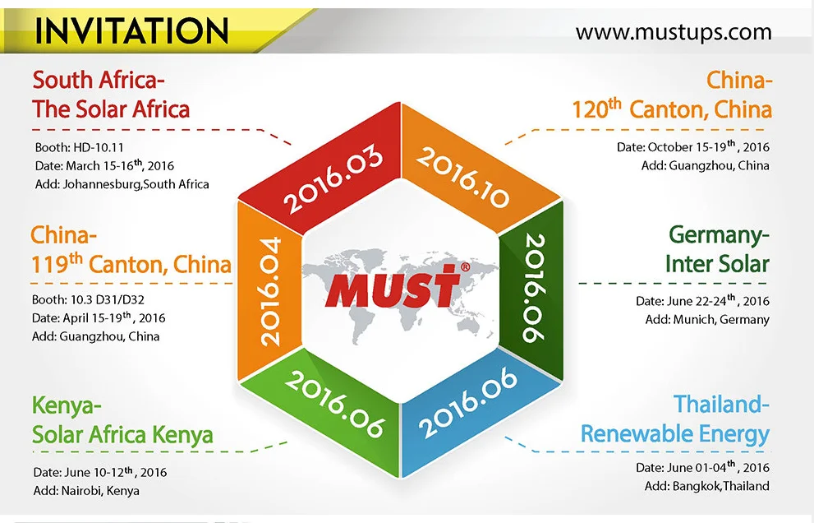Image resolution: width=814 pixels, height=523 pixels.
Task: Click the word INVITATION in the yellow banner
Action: pos(131,30)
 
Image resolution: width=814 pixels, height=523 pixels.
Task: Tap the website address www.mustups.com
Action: pos(674,32)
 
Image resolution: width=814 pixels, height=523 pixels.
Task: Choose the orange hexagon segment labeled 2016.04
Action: pos(270,291)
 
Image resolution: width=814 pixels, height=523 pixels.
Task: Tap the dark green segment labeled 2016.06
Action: pos(532,291)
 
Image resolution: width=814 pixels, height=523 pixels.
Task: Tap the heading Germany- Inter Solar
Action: pos(717,249)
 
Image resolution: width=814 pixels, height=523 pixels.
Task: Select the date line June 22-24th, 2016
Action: pos(702,300)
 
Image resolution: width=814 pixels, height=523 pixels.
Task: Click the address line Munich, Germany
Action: pos(707,319)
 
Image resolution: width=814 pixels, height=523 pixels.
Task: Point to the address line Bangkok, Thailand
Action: pos(707,486)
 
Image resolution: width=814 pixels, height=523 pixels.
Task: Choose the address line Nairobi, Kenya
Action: pos(86,491)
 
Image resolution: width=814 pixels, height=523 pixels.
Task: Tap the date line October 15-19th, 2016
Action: pos(693,146)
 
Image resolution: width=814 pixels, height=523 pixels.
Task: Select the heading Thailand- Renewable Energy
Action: pos(675,419)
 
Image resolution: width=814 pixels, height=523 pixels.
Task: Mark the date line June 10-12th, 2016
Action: pos(100,471)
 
